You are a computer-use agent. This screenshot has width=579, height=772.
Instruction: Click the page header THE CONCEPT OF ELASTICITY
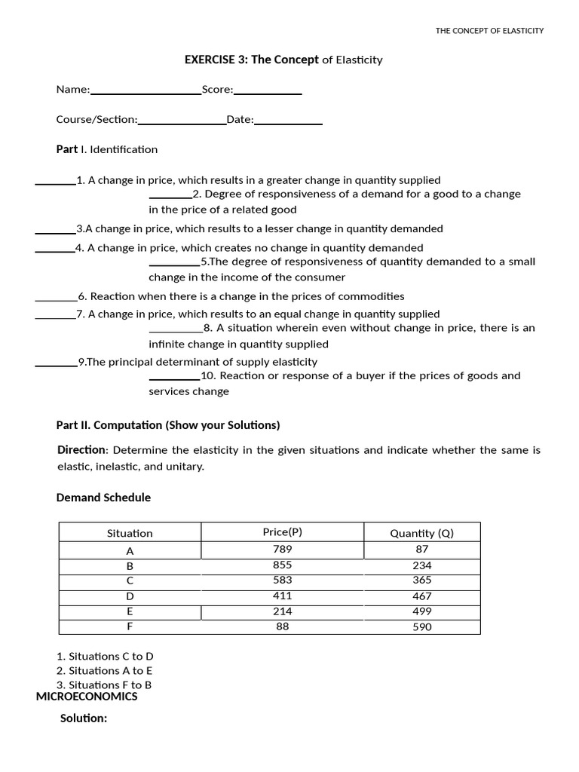tap(489, 31)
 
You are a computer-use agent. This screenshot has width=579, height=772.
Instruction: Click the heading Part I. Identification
tap(107, 149)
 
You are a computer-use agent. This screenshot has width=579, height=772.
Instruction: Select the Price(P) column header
tap(283, 532)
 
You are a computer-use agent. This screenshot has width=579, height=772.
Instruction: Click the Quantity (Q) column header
tap(421, 533)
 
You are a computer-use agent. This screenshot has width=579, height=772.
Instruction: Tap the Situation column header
tap(130, 533)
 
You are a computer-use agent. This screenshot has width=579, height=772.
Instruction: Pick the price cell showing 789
tap(283, 549)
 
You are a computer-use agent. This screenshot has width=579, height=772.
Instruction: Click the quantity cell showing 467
tap(421, 596)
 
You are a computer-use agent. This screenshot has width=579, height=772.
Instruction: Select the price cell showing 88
tap(283, 626)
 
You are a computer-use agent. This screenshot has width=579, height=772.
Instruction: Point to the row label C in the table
tap(130, 581)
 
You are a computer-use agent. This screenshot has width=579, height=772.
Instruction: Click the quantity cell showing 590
tap(421, 626)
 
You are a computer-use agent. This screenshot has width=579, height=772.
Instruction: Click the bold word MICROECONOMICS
tap(87, 697)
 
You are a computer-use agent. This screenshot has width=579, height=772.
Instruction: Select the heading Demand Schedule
tap(103, 498)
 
